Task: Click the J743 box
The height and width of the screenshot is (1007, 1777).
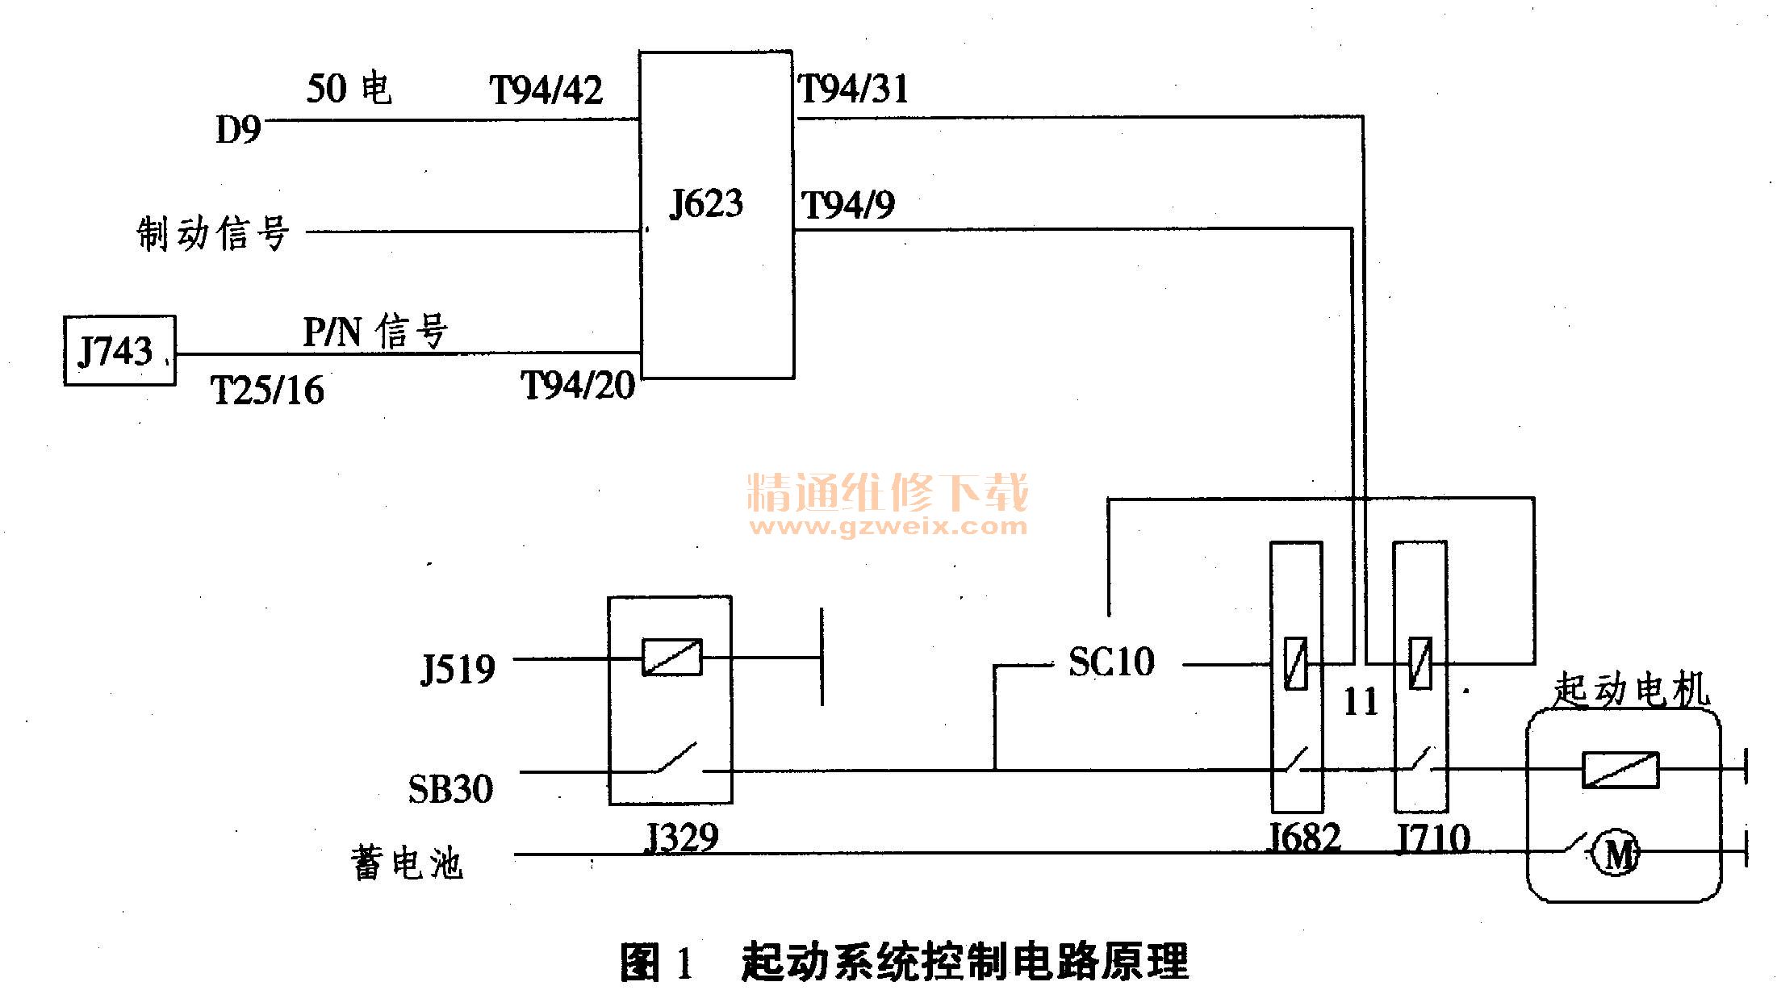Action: click(119, 350)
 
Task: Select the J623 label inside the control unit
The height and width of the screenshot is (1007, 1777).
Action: click(706, 203)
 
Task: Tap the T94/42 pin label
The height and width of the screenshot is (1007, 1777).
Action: click(546, 90)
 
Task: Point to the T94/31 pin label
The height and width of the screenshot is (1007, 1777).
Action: click(854, 88)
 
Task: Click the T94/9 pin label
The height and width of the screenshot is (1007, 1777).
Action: click(848, 205)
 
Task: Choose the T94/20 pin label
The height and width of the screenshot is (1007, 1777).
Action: click(578, 385)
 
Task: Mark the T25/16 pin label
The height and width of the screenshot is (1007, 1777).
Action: click(267, 391)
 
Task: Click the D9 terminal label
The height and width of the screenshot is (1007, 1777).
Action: click(238, 129)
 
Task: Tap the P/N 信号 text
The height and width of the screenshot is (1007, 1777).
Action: click(375, 332)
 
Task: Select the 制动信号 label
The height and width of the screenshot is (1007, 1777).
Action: click(213, 233)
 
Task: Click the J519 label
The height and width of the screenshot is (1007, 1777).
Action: click(458, 669)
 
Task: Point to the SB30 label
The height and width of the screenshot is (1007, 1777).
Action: click(450, 788)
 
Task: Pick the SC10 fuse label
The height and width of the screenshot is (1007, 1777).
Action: click(1111, 662)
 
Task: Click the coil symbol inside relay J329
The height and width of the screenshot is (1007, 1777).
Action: click(672, 658)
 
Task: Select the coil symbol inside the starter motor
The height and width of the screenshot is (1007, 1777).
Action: click(1620, 769)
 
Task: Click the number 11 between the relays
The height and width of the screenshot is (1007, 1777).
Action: click(1361, 701)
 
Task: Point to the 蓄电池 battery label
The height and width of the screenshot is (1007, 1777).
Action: click(407, 863)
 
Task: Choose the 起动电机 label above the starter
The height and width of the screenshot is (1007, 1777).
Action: click(1630, 691)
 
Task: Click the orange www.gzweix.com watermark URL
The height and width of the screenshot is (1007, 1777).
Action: click(888, 527)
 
